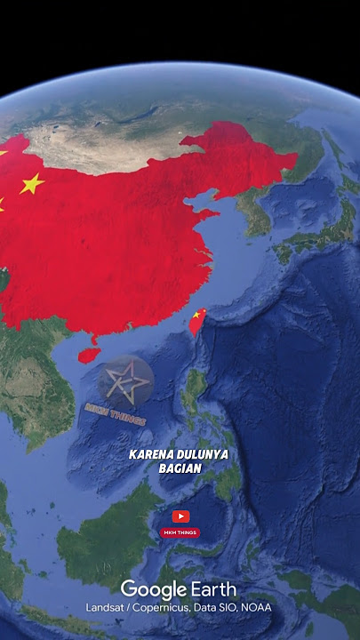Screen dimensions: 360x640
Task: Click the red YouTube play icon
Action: point(180,516)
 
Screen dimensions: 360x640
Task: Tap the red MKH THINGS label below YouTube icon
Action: point(180,533)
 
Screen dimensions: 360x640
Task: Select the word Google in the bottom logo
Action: point(153,589)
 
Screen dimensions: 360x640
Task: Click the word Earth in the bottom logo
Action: point(213,589)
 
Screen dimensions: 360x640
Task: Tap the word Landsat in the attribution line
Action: point(104,607)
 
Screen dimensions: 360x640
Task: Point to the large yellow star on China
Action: point(31,184)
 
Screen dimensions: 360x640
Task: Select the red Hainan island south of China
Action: point(88,354)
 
